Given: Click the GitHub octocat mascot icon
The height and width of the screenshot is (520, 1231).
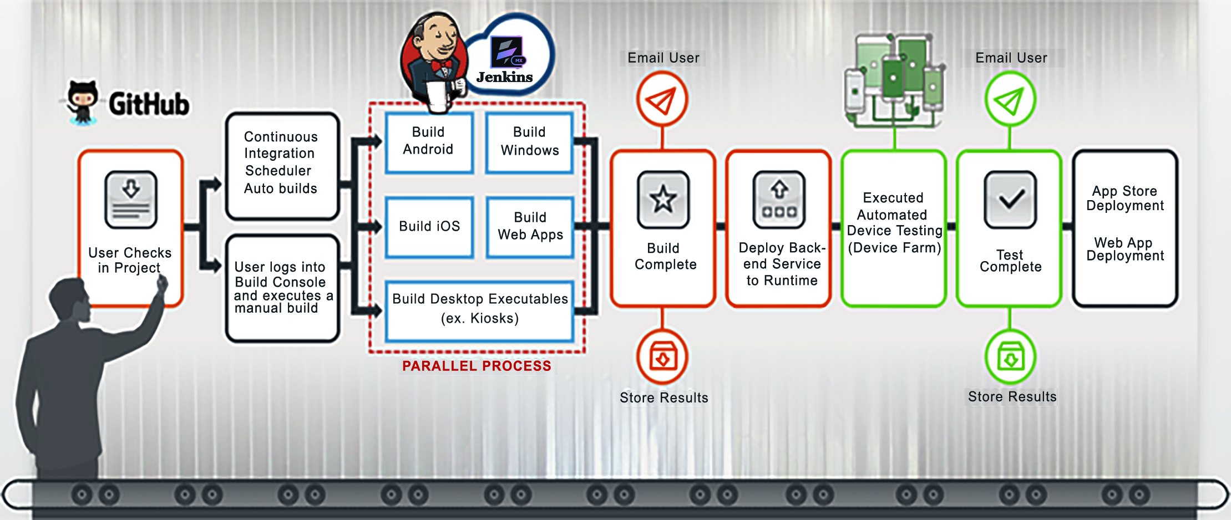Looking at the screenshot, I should point(82,101).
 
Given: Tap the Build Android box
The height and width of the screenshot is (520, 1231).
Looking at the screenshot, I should point(429,142).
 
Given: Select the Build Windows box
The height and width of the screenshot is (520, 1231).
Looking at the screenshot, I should point(529,142).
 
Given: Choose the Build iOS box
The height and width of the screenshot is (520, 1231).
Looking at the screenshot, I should point(429,226).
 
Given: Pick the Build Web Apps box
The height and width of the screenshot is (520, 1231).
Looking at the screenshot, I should point(530,226).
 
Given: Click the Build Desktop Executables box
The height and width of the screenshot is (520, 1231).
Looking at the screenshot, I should point(480,309).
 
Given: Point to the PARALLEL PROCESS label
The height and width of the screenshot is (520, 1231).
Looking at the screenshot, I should point(477,366).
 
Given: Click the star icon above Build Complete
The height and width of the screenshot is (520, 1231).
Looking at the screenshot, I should point(663,200).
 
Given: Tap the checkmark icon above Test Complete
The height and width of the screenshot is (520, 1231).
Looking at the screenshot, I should point(1010,200).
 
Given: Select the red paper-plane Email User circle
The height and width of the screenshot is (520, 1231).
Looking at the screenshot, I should point(662,100).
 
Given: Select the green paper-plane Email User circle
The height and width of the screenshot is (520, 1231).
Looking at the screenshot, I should point(1010,100).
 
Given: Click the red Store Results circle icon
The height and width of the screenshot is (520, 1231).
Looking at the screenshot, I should point(662,358).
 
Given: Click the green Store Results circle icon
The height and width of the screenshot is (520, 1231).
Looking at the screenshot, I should point(1010,358).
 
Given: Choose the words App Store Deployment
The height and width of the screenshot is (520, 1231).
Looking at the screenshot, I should point(1124,198).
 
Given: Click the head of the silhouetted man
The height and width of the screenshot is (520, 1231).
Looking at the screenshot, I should point(68,300).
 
